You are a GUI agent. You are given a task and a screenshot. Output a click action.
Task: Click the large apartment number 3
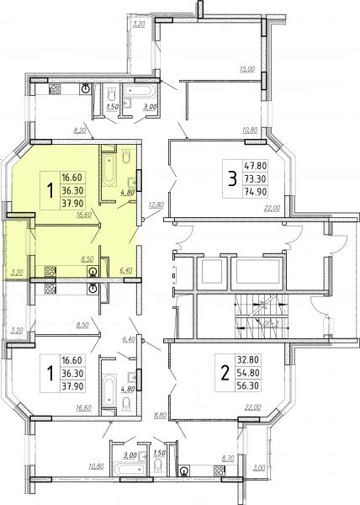(x=232, y=179)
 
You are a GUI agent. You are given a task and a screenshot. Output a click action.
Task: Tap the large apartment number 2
(x=225, y=373)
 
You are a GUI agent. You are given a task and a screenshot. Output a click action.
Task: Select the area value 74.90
(x=256, y=192)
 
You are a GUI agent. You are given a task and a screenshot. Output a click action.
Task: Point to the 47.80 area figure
(x=256, y=166)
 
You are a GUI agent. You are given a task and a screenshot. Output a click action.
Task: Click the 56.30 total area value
(x=248, y=385)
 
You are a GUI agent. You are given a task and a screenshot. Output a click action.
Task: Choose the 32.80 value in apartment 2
(x=248, y=359)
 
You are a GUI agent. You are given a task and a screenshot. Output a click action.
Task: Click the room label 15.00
(x=246, y=69)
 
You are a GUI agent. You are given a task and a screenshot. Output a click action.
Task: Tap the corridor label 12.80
(x=156, y=205)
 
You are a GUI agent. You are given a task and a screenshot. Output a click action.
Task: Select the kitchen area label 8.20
(x=80, y=130)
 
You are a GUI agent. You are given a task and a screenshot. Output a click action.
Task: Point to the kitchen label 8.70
(x=228, y=459)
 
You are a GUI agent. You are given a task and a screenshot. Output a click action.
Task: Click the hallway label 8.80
(x=160, y=415)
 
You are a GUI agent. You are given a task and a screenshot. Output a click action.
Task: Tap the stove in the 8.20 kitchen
(x=55, y=89)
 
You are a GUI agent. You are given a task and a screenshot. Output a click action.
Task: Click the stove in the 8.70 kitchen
(x=219, y=470)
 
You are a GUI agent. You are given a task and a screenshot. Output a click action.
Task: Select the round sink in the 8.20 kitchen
(x=86, y=88)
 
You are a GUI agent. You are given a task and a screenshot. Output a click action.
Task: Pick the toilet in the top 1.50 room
(x=112, y=93)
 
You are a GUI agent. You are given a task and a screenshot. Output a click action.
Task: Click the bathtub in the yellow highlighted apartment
(x=109, y=170)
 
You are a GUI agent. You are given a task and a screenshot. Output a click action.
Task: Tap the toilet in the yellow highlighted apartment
(x=126, y=156)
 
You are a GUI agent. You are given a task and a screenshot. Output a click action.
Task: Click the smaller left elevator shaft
(x=212, y=271)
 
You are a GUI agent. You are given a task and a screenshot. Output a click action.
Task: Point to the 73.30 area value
(x=256, y=178)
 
